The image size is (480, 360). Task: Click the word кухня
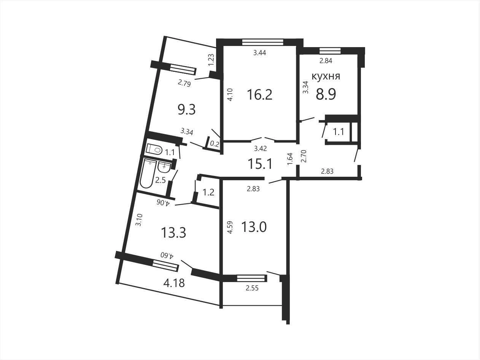tap(326, 76)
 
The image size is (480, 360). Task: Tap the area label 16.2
tap(259, 95)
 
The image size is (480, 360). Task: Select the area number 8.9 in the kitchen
tap(326, 94)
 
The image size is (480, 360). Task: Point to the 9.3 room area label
tap(186, 109)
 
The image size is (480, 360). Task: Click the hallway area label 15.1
tap(260, 164)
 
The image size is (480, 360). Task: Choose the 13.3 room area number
tap(173, 232)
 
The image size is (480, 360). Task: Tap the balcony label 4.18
tap(174, 283)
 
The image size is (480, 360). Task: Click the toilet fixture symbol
tap(154, 149)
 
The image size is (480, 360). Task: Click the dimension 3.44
tap(259, 53)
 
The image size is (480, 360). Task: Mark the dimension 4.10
tap(230, 94)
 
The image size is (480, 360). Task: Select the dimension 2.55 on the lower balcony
tap(252, 288)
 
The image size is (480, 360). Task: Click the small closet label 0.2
tap(214, 144)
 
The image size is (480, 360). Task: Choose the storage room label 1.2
tap(208, 192)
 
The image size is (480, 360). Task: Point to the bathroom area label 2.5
tap(160, 180)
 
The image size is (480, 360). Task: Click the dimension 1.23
tap(211, 60)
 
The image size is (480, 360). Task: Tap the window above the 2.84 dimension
tap(330, 51)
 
